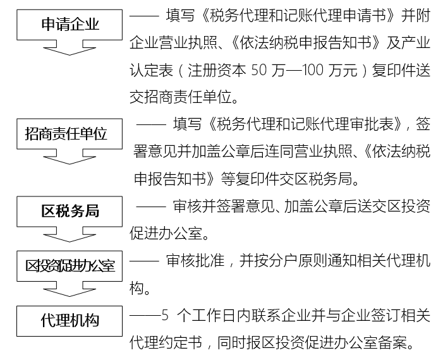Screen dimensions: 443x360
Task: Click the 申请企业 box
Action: click(70, 25)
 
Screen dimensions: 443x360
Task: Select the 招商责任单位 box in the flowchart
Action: click(70, 134)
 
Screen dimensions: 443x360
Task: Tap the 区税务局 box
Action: click(70, 212)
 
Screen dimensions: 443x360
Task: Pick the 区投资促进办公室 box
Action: click(70, 266)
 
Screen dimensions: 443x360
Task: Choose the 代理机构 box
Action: click(70, 321)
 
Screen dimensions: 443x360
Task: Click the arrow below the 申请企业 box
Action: click(70, 48)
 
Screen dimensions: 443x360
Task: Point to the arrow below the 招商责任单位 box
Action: click(70, 157)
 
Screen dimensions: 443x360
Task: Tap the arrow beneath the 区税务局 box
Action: click(70, 234)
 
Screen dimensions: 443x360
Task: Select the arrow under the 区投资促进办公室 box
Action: click(70, 289)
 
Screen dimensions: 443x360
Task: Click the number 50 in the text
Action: click(258, 70)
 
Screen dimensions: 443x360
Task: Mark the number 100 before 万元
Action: click(312, 70)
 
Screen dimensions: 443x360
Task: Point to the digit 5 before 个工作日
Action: click(165, 315)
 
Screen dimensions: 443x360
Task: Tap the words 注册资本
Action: click(217, 70)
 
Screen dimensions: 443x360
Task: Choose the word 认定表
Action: click(151, 70)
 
